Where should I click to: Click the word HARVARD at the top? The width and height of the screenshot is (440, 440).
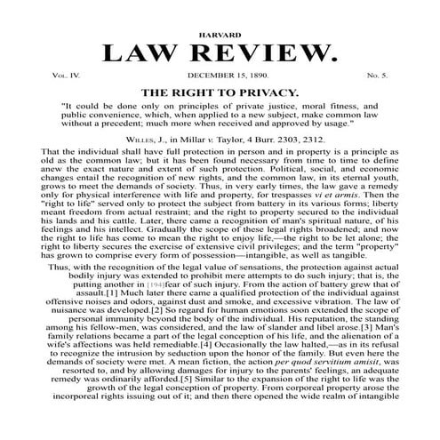pos(220,33)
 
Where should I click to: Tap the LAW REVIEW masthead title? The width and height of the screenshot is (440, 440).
pos(220,54)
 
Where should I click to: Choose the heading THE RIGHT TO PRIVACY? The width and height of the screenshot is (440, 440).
pos(220,92)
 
